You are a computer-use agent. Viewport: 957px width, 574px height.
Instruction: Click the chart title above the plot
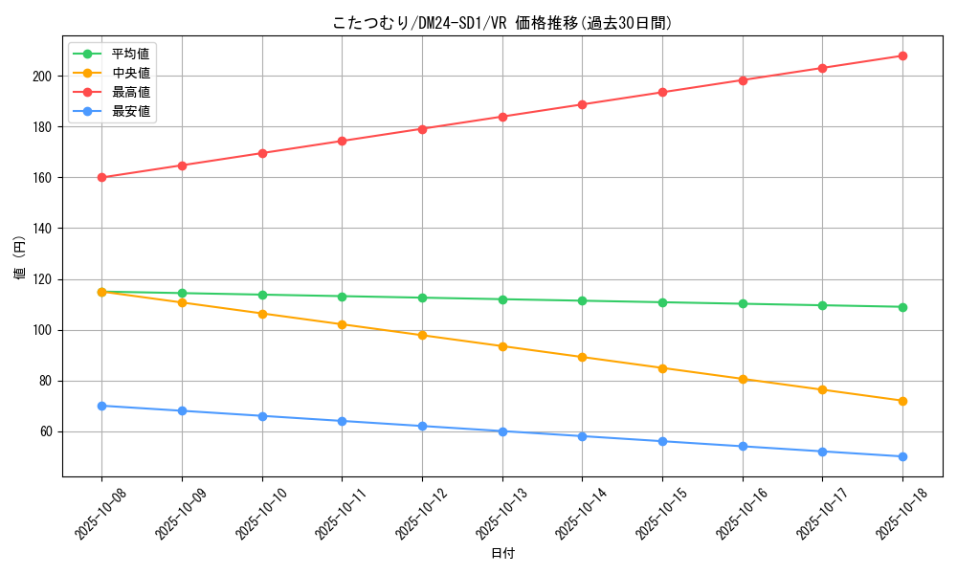pos(502,23)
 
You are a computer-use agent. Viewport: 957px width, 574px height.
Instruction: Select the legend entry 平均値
pos(130,54)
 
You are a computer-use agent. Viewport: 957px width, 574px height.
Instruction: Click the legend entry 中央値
pos(130,73)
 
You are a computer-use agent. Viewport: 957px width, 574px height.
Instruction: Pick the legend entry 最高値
pos(130,92)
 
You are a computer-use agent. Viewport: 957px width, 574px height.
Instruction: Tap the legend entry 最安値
pos(130,111)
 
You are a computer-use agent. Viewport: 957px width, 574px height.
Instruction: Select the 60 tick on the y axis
pos(48,431)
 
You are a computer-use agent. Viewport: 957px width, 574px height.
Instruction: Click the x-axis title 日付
pos(502,554)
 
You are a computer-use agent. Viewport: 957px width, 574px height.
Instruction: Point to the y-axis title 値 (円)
pos(20,257)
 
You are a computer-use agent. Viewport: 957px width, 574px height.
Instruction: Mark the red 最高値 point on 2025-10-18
pos(902,55)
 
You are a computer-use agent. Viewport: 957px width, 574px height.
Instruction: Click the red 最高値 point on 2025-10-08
pos(101,177)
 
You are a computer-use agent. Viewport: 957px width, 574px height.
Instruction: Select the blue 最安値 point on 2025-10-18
pos(902,456)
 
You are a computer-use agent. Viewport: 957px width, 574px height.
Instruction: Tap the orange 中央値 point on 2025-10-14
pos(582,357)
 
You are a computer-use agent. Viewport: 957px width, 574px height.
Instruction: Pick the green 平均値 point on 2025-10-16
pos(743,303)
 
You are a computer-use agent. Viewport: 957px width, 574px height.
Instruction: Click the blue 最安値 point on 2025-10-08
pos(101,406)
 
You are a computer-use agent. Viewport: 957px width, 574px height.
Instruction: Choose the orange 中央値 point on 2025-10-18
pos(902,401)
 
